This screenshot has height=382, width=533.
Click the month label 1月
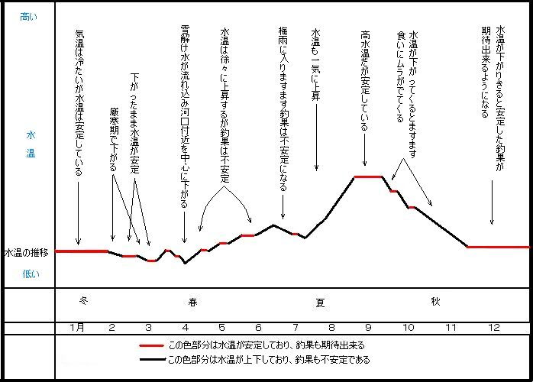pos(76,328)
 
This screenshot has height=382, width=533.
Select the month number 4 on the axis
pos(185,328)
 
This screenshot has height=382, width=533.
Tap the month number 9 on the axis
pos(368,328)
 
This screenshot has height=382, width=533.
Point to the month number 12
pos(494,328)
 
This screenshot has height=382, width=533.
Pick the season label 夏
pos(321,302)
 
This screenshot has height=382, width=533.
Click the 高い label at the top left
pos(27,15)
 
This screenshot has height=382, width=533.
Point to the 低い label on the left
pos(27,273)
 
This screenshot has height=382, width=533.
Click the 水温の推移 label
pos(27,252)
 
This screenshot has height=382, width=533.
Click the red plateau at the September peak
pos(368,177)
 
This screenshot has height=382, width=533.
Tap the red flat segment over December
pos(498,247)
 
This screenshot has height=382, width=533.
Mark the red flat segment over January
pos(82,251)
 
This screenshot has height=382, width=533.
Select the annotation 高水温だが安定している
pos(366,80)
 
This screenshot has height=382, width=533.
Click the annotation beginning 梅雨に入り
pos(283,107)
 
